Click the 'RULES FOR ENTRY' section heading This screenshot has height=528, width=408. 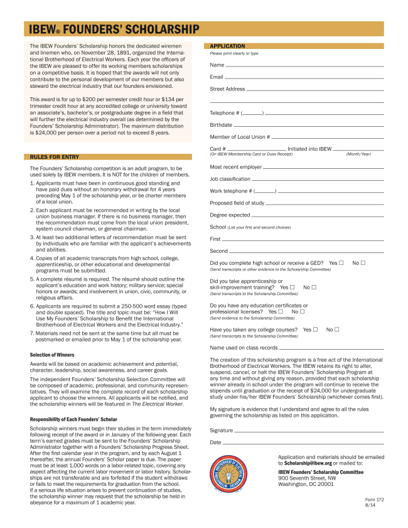click(54, 156)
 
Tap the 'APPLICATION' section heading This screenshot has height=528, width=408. click(227, 46)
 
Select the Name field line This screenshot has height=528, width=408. click(304, 65)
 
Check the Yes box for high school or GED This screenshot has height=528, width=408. click(341, 262)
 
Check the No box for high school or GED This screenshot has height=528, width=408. click(363, 262)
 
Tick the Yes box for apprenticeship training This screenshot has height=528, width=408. click(293, 287)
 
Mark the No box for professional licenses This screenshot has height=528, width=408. click(303, 311)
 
